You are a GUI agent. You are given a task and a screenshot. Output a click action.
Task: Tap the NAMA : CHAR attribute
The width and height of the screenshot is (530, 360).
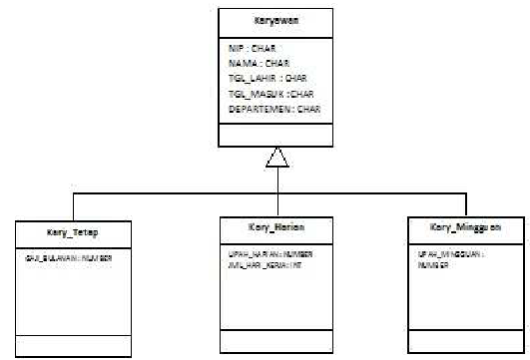tap(254, 61)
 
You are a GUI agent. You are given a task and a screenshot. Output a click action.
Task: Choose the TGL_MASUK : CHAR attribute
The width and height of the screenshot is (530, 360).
tap(265, 92)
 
